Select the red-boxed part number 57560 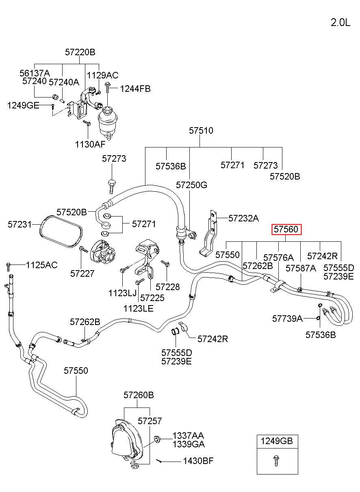(x=286, y=229)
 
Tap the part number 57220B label (x=80, y=52)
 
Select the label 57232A (x=243, y=218)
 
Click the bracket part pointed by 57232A (x=209, y=234)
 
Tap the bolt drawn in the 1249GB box (x=276, y=461)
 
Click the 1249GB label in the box (x=277, y=441)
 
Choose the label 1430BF (x=198, y=461)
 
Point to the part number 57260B (x=139, y=395)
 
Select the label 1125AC (x=42, y=265)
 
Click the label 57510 (x=201, y=130)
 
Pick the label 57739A (x=287, y=319)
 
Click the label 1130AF (x=90, y=144)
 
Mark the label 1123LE (x=138, y=309)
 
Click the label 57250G (x=191, y=185)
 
